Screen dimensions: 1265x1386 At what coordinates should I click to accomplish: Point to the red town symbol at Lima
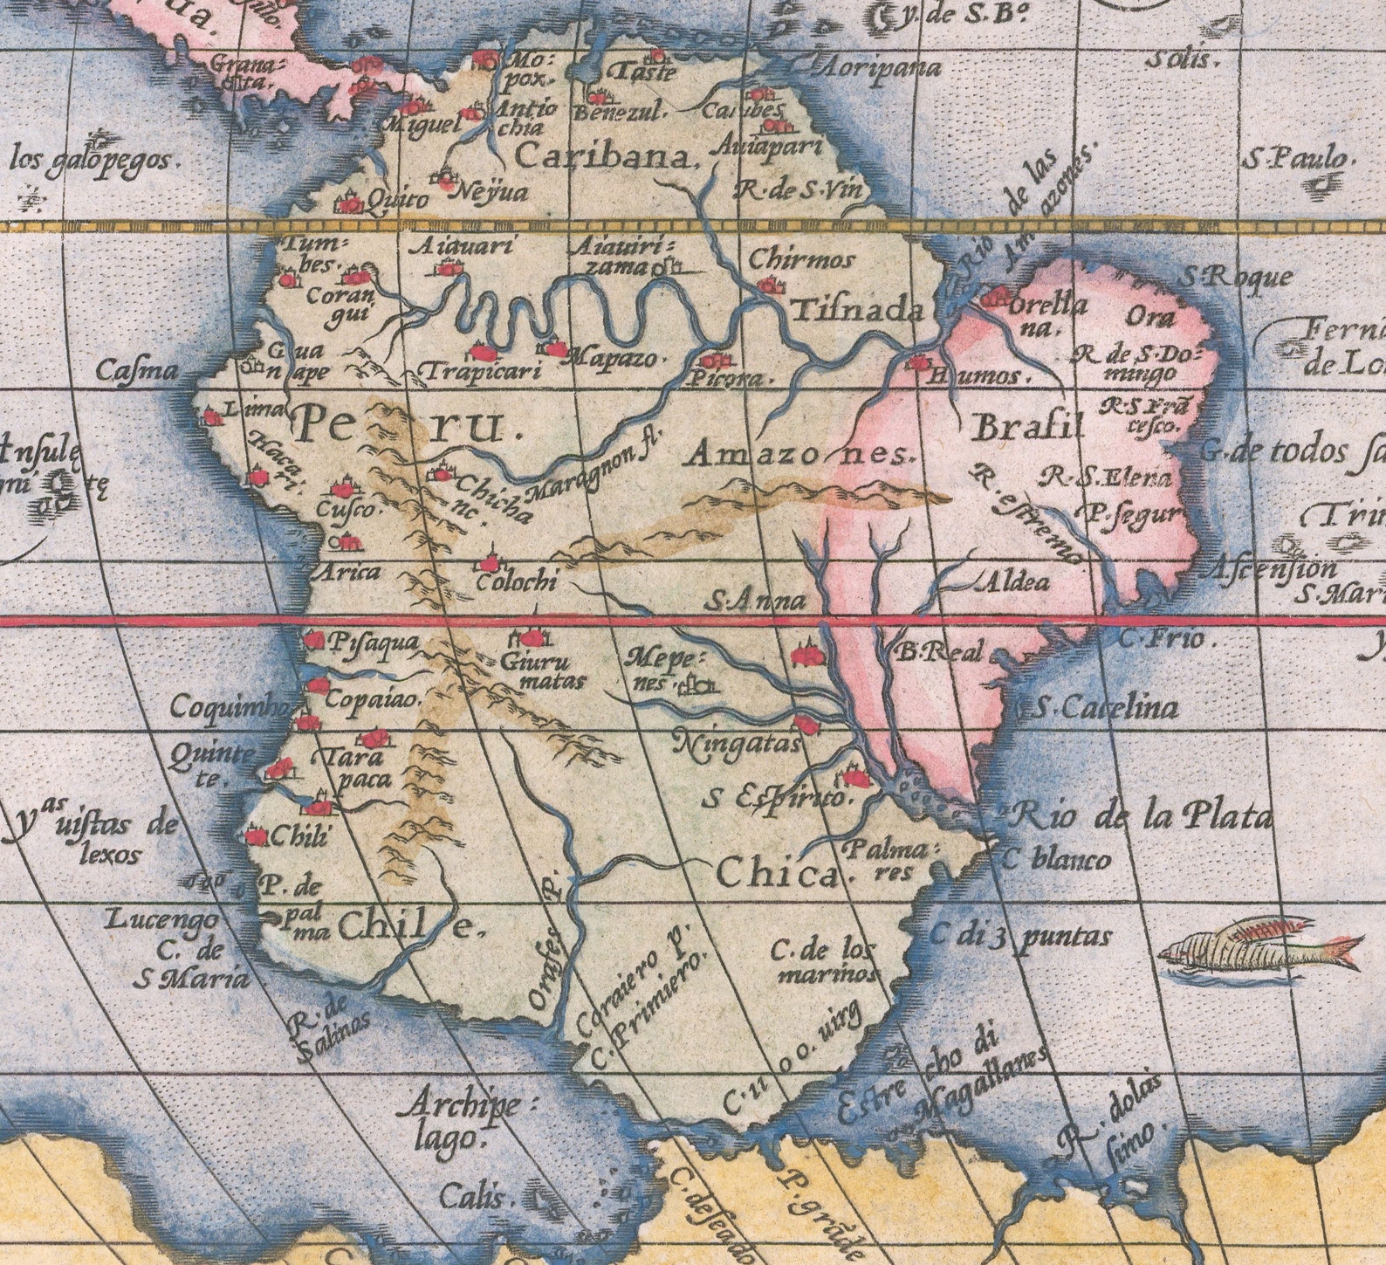click(x=211, y=417)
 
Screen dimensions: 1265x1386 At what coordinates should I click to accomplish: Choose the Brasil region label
click(x=1027, y=429)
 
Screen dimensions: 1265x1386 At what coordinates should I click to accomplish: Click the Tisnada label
click(x=858, y=312)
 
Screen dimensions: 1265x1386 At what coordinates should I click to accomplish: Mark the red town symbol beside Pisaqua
click(x=312, y=640)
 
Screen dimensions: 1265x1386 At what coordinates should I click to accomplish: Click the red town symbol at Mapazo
click(x=555, y=348)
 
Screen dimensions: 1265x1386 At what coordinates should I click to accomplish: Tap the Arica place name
click(x=346, y=573)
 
